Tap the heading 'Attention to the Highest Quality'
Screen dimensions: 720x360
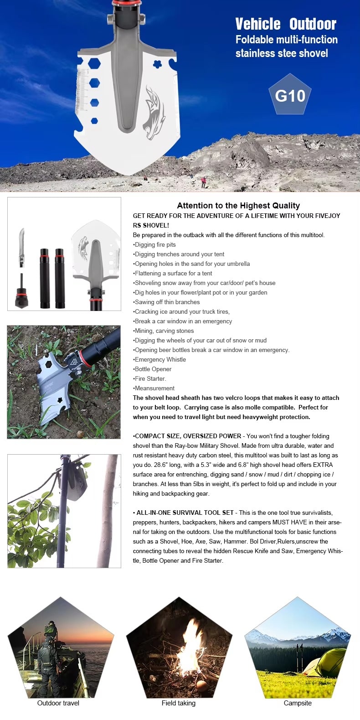click(x=238, y=206)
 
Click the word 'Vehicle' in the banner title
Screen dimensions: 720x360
click(x=258, y=24)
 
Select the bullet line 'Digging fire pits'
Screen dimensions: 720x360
click(x=155, y=245)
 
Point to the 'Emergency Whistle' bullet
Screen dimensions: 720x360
click(x=160, y=360)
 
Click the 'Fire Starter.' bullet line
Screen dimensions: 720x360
click(x=150, y=379)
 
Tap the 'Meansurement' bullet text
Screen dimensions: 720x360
click(x=154, y=388)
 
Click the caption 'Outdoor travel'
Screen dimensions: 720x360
click(x=58, y=703)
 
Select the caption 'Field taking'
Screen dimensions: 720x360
click(x=179, y=703)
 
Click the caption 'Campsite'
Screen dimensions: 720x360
click(x=298, y=703)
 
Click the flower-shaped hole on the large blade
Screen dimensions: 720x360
click(x=157, y=64)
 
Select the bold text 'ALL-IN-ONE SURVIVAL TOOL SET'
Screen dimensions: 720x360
click(x=185, y=513)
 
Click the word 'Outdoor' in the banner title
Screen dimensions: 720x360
click(x=313, y=24)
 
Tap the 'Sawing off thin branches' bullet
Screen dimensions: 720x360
click(x=167, y=302)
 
